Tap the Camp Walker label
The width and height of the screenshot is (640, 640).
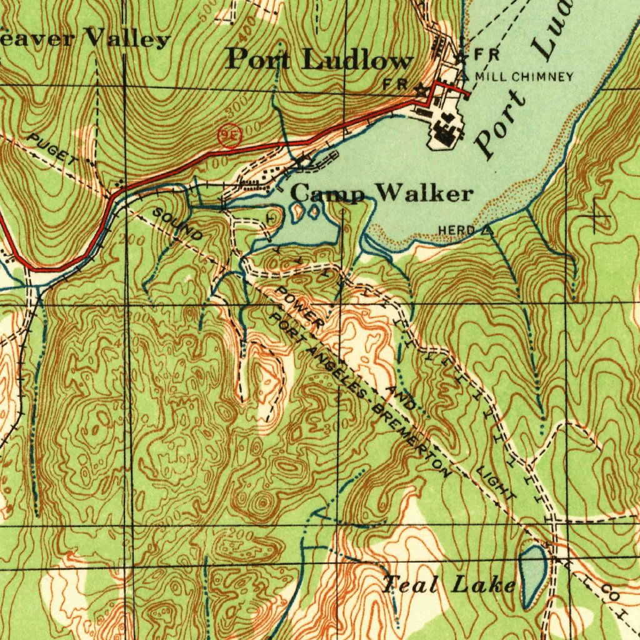382,193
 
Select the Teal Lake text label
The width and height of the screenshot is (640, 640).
449,585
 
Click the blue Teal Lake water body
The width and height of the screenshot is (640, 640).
532,575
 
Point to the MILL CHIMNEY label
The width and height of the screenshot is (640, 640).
524,77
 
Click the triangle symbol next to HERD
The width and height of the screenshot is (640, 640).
487,231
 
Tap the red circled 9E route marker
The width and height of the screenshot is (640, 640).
230,135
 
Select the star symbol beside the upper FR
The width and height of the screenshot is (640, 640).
461,56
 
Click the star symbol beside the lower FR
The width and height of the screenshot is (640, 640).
421,90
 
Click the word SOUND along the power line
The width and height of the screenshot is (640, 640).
178,225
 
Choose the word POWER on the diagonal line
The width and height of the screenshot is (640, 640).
300,307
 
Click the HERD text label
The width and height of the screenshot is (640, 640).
456,231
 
